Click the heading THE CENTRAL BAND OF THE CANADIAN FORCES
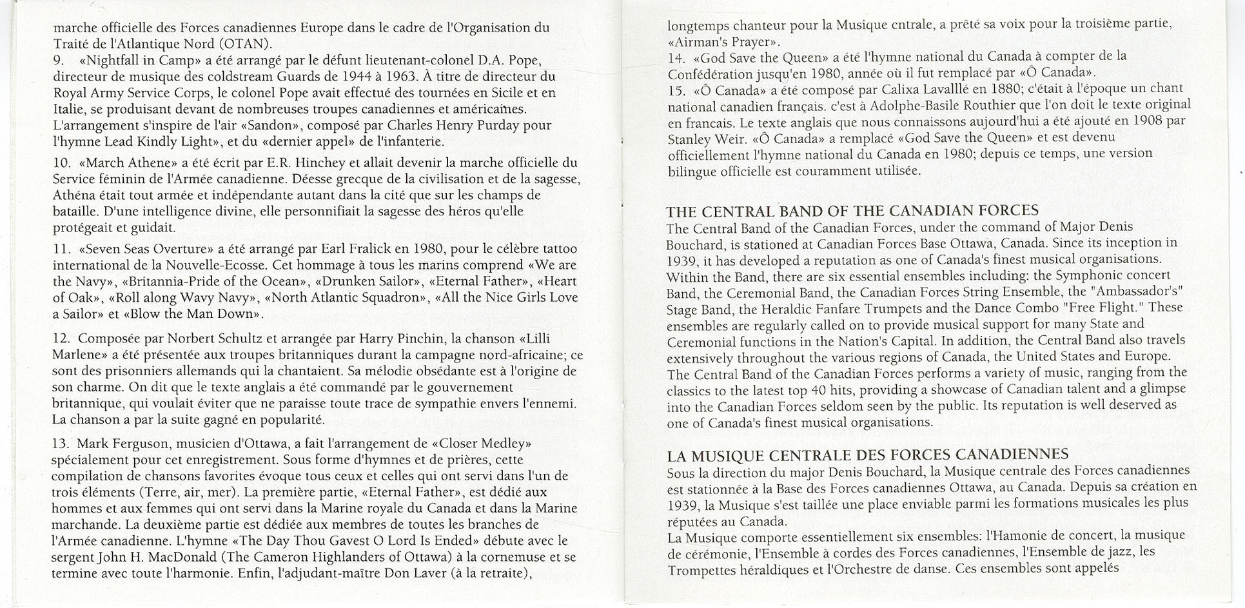(852, 211)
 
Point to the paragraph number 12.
(61, 339)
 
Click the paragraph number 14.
(676, 57)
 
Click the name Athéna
(75, 195)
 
